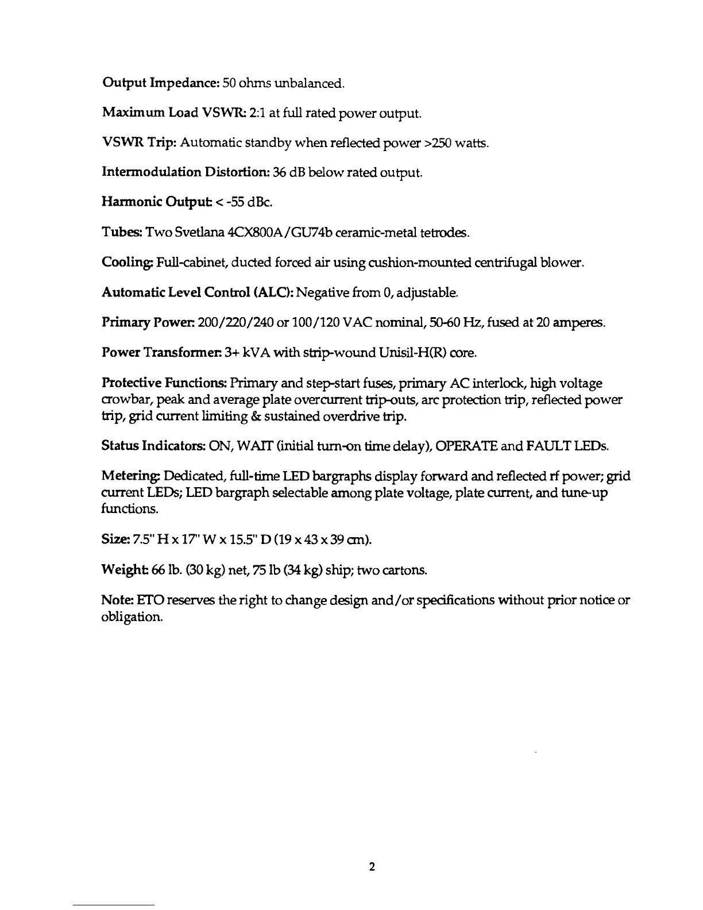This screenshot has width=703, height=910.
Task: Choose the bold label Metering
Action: [x=131, y=476]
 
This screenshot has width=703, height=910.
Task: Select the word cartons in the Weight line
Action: [x=407, y=570]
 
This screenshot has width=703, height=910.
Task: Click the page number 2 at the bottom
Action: [x=372, y=867]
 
